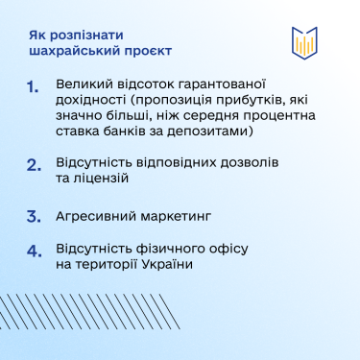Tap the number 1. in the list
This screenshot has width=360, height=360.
34,87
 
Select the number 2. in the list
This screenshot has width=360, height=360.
34,164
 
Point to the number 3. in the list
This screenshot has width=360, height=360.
34,216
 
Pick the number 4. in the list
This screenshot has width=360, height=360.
34,252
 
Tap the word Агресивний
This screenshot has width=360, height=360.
99,217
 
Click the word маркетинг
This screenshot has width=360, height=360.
183,217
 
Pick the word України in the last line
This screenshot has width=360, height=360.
164,264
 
